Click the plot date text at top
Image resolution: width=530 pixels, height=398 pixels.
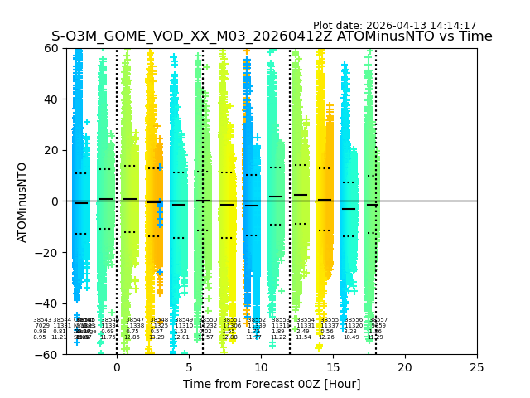coord(394,26)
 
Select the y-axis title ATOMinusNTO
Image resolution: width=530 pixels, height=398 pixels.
coord(23,201)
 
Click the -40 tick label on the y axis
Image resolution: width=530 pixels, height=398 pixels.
coord(47,303)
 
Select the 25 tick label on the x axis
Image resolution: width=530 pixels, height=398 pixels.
coord(477,367)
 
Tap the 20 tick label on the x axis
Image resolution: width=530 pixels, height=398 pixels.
coord(405,367)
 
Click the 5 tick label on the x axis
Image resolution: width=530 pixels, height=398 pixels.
coord(189,367)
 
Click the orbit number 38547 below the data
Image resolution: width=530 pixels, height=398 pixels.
coord(134,320)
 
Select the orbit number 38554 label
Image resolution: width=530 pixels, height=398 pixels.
coord(306,320)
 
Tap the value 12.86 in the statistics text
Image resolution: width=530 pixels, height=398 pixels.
coord(132,337)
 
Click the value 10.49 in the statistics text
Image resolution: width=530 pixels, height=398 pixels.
coord(351,337)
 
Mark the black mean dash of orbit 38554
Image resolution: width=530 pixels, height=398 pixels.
coord(301,195)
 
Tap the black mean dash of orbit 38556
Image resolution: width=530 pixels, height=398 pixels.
coord(349,209)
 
